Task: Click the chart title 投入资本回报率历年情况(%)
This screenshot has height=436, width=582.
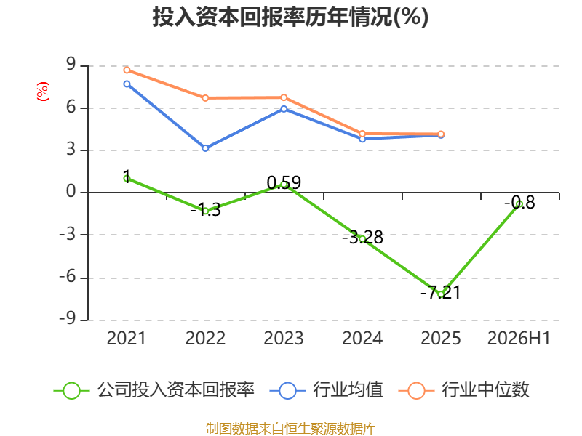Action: tap(290, 17)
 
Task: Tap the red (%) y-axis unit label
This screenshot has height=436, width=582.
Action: tap(43, 92)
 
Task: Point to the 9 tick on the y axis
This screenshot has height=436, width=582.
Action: tap(71, 65)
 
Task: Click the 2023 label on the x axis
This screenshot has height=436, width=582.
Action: tap(284, 338)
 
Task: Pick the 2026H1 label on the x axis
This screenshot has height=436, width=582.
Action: tap(519, 338)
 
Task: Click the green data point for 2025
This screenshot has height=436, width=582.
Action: tap(441, 294)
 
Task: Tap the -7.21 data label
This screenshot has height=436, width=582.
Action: tap(441, 293)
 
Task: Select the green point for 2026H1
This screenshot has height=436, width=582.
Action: tap(519, 203)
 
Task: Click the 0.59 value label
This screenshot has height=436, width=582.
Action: tap(284, 182)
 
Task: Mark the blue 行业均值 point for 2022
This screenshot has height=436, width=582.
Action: tap(205, 148)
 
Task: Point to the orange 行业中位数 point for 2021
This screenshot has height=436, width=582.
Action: tap(127, 70)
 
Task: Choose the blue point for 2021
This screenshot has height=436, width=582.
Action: tap(127, 84)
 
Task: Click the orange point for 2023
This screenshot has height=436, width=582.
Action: tap(284, 97)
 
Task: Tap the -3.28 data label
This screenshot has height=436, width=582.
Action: tap(362, 238)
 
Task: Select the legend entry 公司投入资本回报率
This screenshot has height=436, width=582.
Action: tap(154, 390)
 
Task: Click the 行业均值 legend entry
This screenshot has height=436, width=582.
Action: tap(326, 390)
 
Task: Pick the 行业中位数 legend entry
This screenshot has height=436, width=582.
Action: tap(464, 390)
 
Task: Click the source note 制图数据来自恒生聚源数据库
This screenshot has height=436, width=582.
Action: tap(291, 428)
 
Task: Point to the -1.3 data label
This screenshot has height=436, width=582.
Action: tap(205, 210)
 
